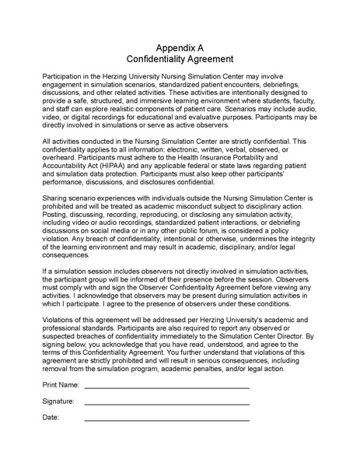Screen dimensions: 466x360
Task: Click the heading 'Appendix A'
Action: click(x=180, y=47)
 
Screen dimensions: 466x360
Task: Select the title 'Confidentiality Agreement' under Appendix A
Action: click(x=180, y=59)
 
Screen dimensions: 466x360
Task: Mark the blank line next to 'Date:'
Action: click(x=166, y=421)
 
